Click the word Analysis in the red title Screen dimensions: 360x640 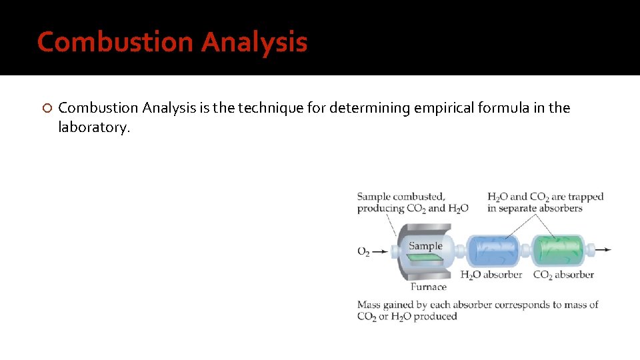(254, 42)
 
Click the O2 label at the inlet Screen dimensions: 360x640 (363, 251)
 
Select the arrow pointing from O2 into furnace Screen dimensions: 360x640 (380, 251)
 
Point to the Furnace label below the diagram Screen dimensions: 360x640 (429, 287)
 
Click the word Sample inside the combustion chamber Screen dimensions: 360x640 (425, 245)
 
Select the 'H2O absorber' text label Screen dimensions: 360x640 (491, 274)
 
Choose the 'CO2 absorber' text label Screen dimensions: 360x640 (563, 274)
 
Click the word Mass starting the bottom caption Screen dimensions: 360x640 (369, 305)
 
